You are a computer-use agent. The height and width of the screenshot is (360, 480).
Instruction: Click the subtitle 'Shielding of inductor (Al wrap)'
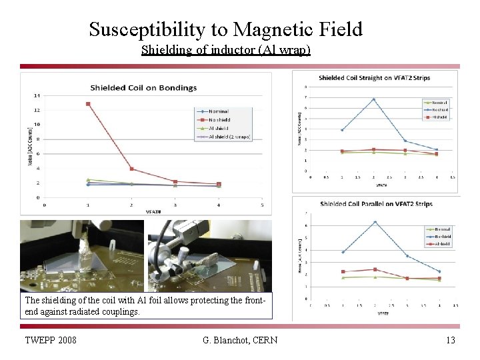(226, 50)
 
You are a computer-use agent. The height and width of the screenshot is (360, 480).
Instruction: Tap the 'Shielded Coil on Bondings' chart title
(143, 87)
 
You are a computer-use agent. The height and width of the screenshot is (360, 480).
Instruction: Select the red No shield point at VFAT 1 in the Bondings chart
(88, 104)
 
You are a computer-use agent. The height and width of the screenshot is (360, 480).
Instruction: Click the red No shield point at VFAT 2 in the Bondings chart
(132, 169)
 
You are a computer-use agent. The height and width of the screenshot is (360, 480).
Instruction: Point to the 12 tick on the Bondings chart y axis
(37, 110)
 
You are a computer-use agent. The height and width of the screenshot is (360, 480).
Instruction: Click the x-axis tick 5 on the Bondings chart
(262, 205)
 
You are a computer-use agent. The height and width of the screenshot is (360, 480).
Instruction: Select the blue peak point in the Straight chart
(373, 99)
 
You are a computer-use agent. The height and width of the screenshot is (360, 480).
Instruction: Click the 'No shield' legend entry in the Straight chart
(439, 109)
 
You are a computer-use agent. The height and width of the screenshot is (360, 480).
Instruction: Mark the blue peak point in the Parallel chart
(375, 222)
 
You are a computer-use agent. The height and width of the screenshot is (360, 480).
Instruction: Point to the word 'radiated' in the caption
(76, 311)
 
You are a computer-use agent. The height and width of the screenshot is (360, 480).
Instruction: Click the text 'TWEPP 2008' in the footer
(51, 341)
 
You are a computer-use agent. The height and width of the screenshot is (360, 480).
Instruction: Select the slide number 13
(451, 341)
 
